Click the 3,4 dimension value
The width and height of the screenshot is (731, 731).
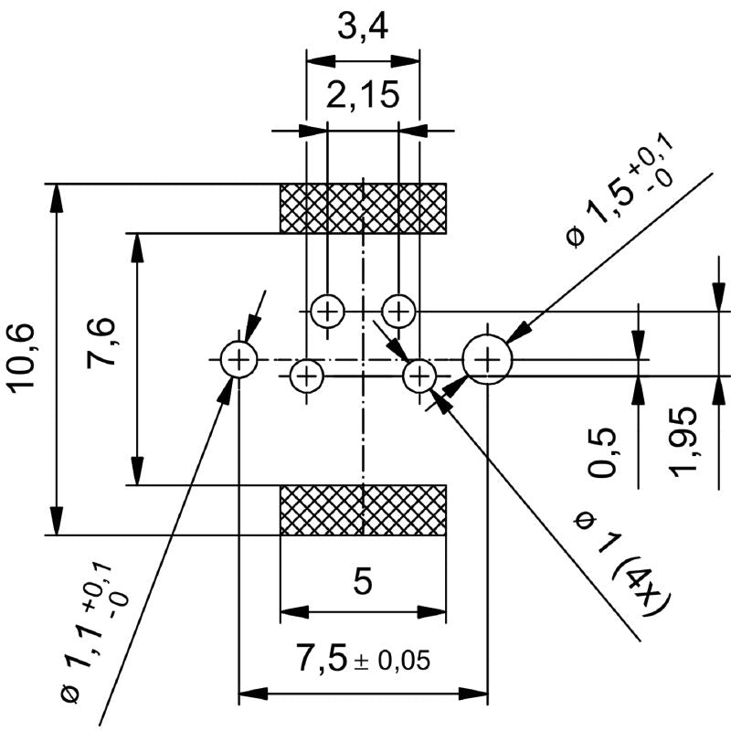(x=363, y=29)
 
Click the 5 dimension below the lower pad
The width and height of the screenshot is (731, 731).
(x=363, y=582)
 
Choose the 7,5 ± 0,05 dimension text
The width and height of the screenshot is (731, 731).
(x=363, y=658)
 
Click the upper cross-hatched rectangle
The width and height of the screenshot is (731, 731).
(x=363, y=207)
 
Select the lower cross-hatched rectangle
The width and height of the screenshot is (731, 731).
(x=363, y=510)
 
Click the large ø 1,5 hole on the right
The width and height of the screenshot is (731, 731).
(x=488, y=360)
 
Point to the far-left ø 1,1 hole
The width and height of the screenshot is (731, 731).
(x=238, y=360)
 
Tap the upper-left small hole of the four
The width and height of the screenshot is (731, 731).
(x=327, y=312)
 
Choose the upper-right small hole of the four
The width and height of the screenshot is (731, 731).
(x=398, y=312)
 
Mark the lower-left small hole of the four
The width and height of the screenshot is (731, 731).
(x=307, y=375)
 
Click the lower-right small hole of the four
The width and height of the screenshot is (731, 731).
(x=419, y=375)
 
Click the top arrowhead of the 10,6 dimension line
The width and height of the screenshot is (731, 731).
(x=58, y=192)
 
